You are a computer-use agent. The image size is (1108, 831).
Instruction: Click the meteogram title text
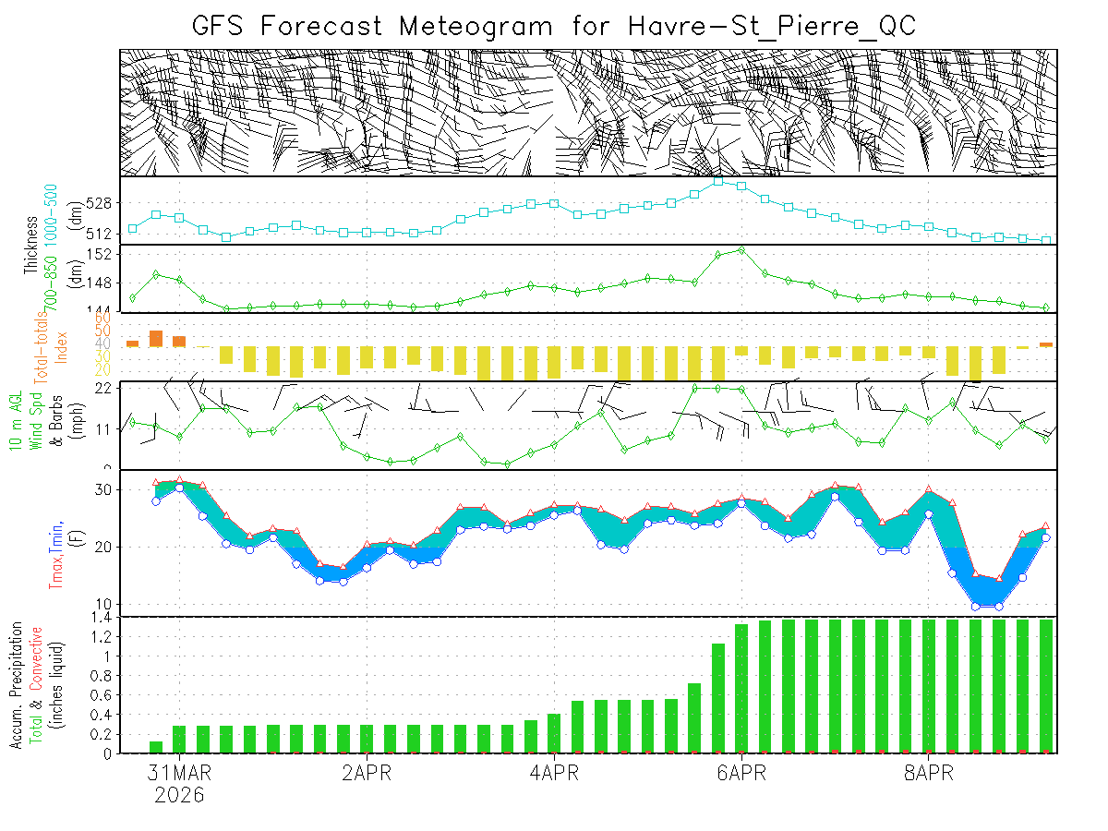(x=554, y=25)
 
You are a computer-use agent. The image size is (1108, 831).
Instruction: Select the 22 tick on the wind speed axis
(x=103, y=388)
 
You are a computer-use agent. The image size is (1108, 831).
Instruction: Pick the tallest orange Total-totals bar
(x=156, y=338)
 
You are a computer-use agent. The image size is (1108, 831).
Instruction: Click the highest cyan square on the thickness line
(x=718, y=181)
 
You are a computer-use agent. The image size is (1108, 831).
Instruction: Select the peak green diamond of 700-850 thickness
(x=741, y=249)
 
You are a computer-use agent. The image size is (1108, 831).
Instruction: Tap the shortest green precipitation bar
(x=156, y=747)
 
